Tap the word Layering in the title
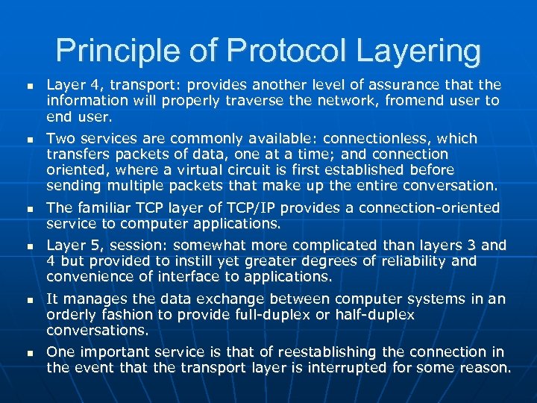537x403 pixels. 417,51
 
